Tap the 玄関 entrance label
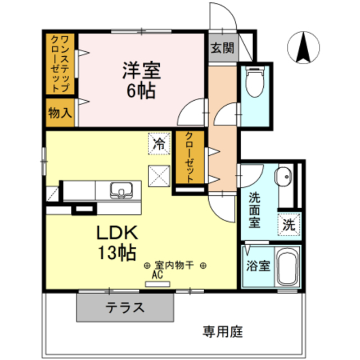[223, 48]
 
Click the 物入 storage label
[60, 112]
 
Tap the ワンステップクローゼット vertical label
[60, 64]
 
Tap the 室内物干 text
[174, 265]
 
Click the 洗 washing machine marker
[288, 225]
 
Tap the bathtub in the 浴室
[287, 267]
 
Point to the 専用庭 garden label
[223, 331]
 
